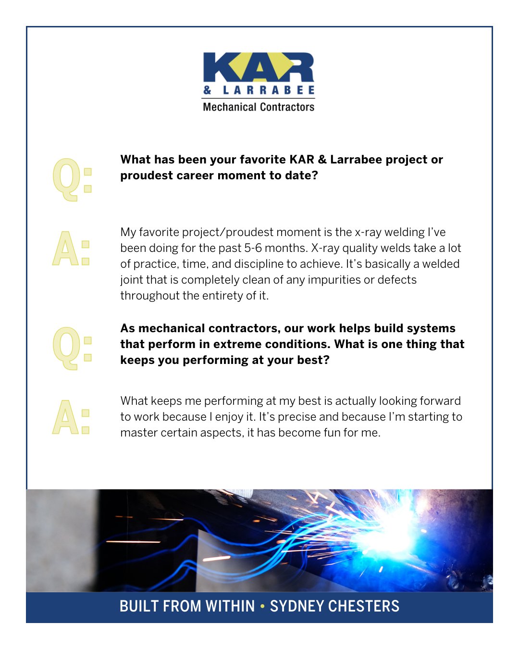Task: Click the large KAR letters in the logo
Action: pyautogui.click(x=259, y=67)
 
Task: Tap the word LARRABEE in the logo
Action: pyautogui.click(x=269, y=90)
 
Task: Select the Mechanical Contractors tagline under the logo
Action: pyautogui.click(x=259, y=107)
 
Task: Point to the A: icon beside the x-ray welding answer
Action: pyautogui.click(x=71, y=249)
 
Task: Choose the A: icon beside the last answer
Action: pyautogui.click(x=71, y=417)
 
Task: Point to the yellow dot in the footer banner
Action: pyautogui.click(x=262, y=606)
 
